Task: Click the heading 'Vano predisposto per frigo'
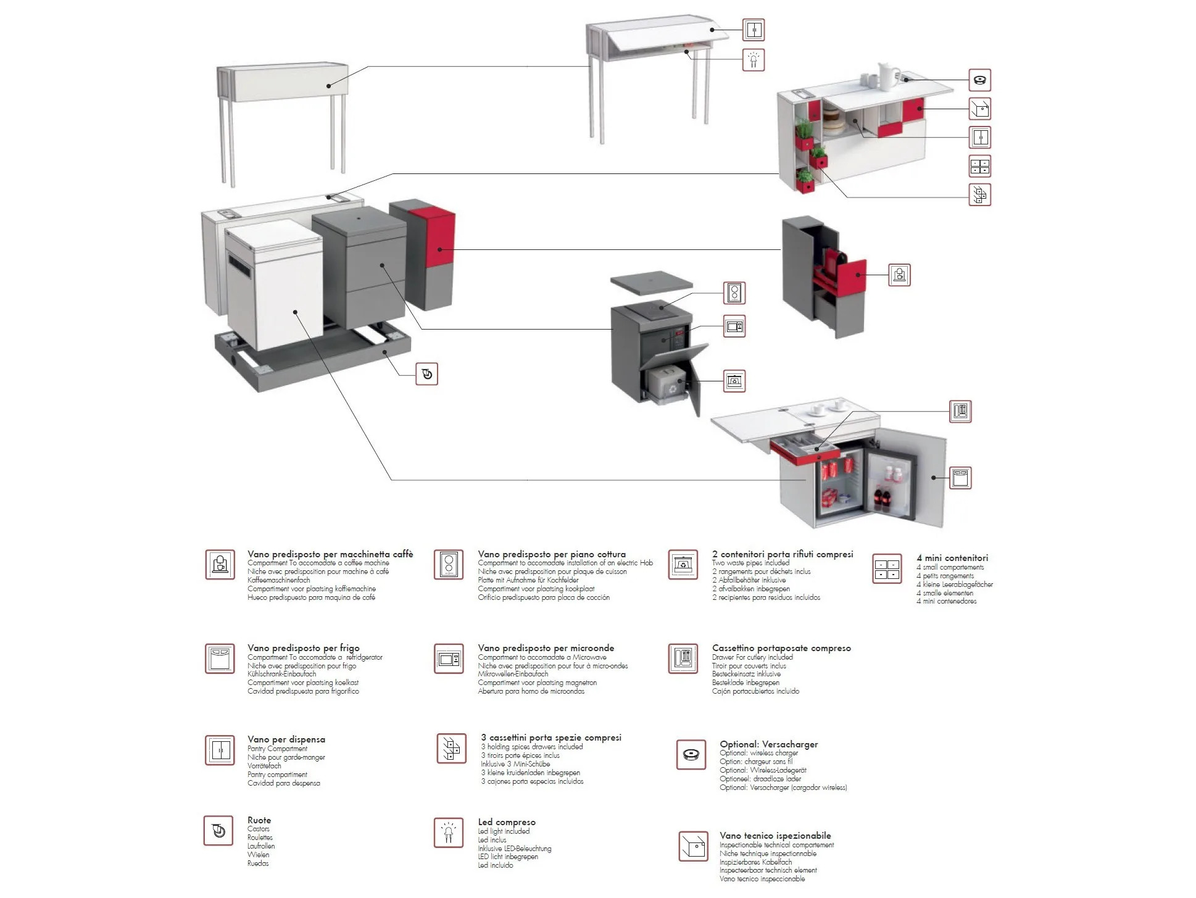coord(303,648)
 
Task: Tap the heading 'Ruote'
coord(259,820)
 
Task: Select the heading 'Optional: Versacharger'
coord(768,744)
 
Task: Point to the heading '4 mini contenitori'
coord(952,558)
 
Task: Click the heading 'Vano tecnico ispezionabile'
coord(775,836)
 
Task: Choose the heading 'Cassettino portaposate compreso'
coord(781,648)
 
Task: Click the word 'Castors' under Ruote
coord(259,829)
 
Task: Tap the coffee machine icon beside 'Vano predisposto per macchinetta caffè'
coord(220,565)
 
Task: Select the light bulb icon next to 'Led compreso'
coord(449,833)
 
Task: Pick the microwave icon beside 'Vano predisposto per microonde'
coord(449,660)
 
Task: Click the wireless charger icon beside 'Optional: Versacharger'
coord(691,754)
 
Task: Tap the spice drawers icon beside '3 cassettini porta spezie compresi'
coord(451,748)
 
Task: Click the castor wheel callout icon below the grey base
coord(427,373)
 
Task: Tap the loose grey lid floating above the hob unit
coord(652,283)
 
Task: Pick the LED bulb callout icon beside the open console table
coord(753,60)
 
